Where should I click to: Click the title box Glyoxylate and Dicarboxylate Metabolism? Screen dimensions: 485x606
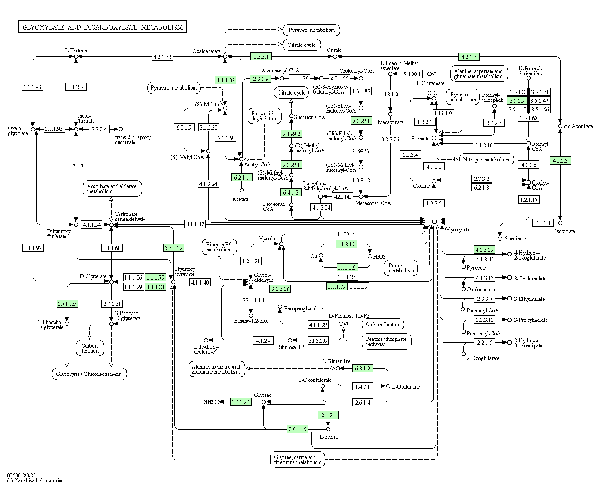coord(103,27)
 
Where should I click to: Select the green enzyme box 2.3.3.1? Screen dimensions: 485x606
coord(261,57)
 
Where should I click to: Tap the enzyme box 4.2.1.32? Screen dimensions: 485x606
coord(162,57)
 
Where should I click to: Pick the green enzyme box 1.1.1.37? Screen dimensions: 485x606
coord(226,80)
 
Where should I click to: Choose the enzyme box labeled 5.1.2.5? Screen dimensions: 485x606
coord(76,87)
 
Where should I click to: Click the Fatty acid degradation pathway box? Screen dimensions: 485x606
coord(264,116)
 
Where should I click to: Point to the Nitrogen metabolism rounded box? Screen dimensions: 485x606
coord(487,160)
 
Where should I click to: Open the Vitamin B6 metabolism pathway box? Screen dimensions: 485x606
coord(219,247)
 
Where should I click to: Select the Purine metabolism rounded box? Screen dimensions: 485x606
coord(401,268)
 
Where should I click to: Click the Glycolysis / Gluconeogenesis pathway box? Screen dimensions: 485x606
coord(89,374)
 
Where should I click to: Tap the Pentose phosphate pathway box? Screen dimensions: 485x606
coord(386,341)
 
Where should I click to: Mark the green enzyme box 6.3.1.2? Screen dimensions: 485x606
coord(363,368)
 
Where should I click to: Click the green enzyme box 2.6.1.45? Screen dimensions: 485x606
coord(298,429)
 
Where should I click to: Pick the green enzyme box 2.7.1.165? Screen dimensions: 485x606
coord(67,304)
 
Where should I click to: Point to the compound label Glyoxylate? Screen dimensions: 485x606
coord(457,230)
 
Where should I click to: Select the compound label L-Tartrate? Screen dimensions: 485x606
coord(76,50)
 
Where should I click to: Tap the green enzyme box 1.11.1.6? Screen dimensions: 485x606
coord(347,267)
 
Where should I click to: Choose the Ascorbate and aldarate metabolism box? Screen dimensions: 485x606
coord(112,189)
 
